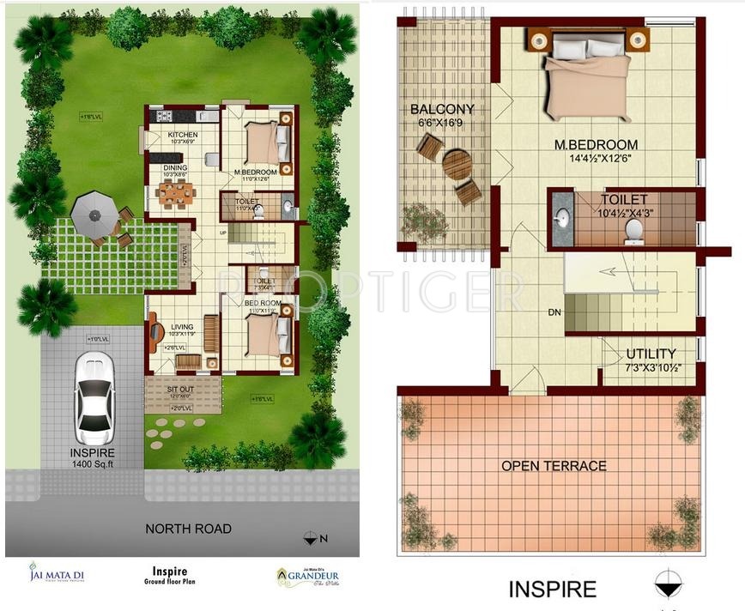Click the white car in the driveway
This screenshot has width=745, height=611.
[94, 396]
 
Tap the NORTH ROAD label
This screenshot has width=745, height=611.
[188, 529]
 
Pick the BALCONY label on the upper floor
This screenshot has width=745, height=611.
[442, 110]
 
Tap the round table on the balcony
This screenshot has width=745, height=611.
[457, 164]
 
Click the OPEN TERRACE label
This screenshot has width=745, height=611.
[554, 466]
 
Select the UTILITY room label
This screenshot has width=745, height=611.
[650, 354]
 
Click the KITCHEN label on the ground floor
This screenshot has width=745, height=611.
[182, 136]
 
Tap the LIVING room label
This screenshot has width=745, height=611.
[182, 327]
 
